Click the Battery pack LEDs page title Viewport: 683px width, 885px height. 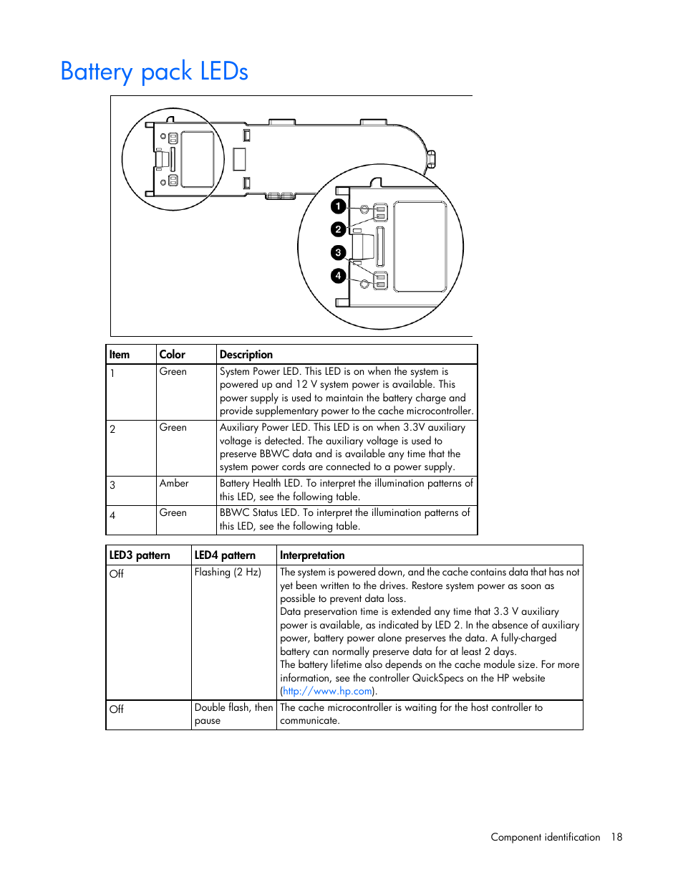point(154,72)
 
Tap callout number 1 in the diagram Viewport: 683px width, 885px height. point(339,206)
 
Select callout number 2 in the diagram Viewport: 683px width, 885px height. point(339,229)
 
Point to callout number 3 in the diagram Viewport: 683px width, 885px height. point(339,252)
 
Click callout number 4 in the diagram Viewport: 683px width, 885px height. point(339,276)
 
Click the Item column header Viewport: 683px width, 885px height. point(120,355)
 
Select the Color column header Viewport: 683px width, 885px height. point(172,355)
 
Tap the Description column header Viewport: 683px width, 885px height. point(246,355)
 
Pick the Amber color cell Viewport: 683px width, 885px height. point(174,484)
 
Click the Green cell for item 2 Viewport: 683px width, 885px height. point(173,428)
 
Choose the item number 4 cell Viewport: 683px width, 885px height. point(112,515)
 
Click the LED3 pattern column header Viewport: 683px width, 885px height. point(140,555)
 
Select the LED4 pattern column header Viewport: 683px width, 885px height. point(225,555)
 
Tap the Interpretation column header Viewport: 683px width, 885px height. point(312,555)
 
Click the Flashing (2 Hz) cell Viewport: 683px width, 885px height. point(228,573)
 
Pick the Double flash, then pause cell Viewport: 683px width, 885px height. point(233,714)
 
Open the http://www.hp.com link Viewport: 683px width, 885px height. point(328,692)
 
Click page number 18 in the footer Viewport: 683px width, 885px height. point(616,837)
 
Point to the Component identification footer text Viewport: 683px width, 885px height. point(545,837)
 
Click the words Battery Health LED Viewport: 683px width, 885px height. point(261,484)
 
